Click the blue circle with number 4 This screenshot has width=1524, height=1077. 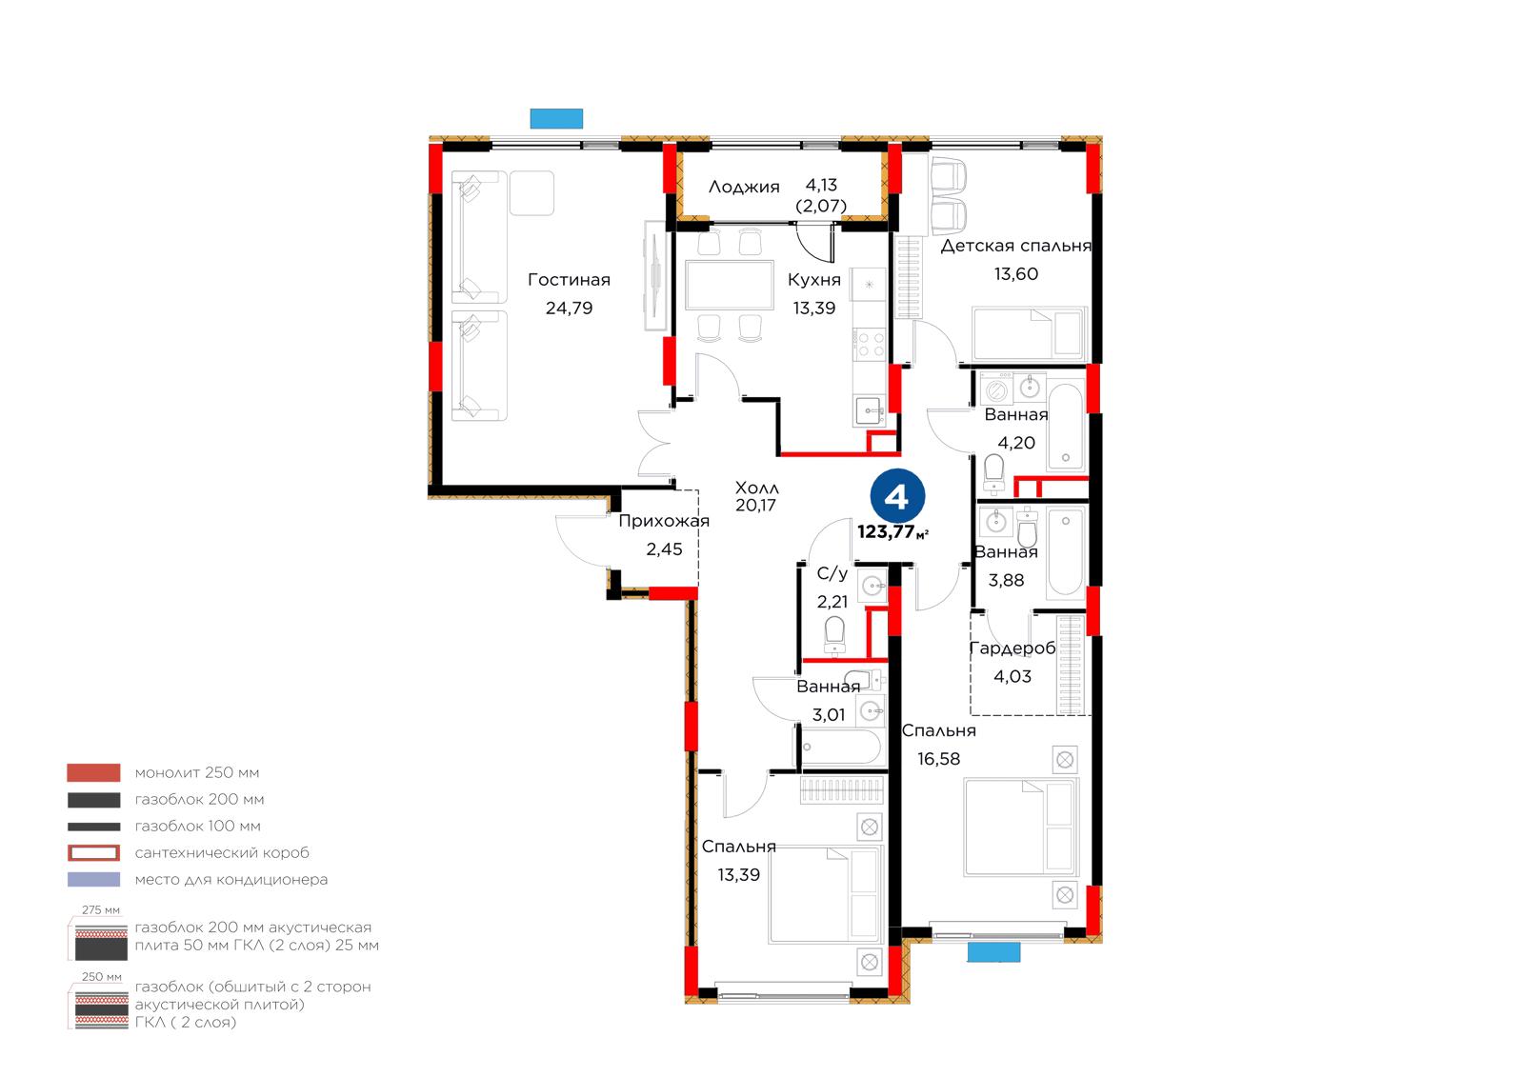[x=897, y=497]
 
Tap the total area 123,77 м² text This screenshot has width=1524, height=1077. [x=892, y=532]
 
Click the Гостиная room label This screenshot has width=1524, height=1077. [x=569, y=280]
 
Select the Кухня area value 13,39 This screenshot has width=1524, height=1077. [x=814, y=309]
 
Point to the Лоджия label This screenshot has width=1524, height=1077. [x=744, y=187]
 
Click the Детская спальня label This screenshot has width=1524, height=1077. [x=1015, y=246]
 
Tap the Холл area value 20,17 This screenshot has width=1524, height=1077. [x=756, y=506]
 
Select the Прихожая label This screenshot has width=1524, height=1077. [x=664, y=521]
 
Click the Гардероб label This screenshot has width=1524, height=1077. [x=1013, y=648]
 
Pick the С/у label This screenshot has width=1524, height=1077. [x=832, y=573]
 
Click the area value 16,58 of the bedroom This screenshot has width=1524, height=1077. [x=939, y=759]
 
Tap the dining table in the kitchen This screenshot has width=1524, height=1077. [x=730, y=285]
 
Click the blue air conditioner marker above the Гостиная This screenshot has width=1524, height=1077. [x=556, y=118]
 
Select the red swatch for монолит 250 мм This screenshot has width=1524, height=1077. [x=94, y=772]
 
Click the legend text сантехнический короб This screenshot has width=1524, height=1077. [x=222, y=852]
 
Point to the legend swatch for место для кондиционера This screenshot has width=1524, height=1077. [x=94, y=879]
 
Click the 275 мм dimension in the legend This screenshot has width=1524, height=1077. [x=101, y=909]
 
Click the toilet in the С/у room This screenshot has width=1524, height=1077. [x=834, y=635]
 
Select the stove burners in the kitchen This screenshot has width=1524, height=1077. [x=871, y=344]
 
